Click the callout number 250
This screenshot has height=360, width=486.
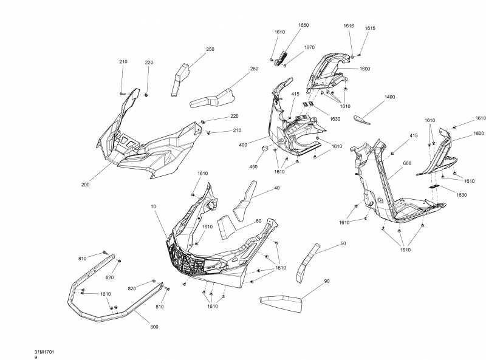coord(210,49)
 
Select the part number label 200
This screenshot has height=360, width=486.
coord(85,184)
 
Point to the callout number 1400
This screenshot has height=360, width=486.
coord(389,97)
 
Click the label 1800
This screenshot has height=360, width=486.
coord(478,133)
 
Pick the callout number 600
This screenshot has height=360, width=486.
coord(407,163)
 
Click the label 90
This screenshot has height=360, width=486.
coord(326,281)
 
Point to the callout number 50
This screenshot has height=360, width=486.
coord(343,243)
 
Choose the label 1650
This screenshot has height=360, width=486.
coord(303,25)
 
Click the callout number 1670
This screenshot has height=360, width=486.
coord(309,47)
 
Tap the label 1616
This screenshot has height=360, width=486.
coord(348,26)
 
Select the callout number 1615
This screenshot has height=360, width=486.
coord(370,28)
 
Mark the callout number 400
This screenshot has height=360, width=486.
coord(243,146)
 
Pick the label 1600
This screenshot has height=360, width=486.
coord(364,69)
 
